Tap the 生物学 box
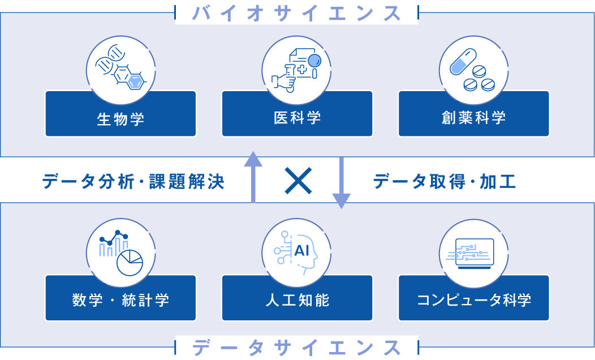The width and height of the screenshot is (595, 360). point(120,118)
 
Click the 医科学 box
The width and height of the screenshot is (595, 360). point(297,118)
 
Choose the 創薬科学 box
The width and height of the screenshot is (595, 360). point(474,118)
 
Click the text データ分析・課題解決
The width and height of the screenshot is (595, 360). point(133,182)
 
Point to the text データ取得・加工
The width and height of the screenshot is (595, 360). point(445,182)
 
